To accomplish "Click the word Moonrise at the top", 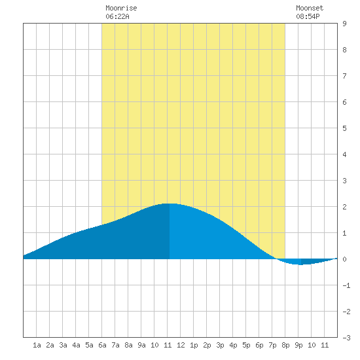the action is pos(121,8).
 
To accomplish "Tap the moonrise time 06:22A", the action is pos(117,16).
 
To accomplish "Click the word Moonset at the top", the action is pos(310,8).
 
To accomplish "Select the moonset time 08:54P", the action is pos(308,16).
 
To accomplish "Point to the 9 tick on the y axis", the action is pos(344,24).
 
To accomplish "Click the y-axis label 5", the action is pos(344,128).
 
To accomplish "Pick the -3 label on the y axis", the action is pos(346,338).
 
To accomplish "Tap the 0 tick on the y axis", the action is pos(344,259).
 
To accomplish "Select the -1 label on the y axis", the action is pos(346,285).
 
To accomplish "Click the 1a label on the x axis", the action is pos(37,345).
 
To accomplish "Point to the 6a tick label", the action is pos(102,345).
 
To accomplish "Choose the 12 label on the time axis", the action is pos(181,345).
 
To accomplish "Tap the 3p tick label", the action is pos(220,345).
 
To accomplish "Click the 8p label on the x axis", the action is pos(285,345).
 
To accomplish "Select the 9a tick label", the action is pos(141,345).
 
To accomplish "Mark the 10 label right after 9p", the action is pos(312,345).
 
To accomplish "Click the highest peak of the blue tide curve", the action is pos(170,204).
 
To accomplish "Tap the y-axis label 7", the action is pos(344,76).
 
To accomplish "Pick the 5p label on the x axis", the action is pos(246,345).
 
